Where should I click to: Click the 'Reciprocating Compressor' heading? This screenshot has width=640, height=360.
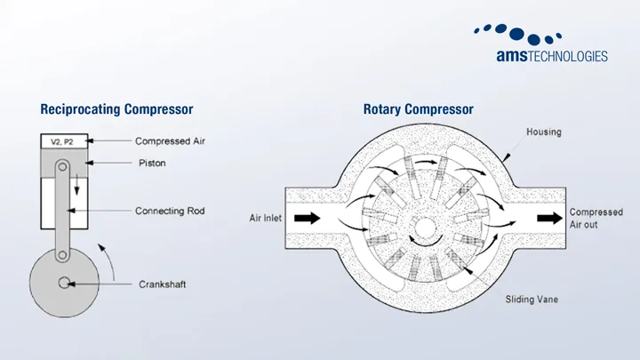116,109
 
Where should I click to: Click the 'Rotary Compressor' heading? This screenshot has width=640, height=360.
419,109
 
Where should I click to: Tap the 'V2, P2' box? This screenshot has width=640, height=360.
64,141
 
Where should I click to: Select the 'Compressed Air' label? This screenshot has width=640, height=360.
170,141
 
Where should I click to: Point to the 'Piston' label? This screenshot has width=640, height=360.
152,164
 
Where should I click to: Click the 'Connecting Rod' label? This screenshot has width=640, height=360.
170,211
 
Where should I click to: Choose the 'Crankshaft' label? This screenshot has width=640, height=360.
162,284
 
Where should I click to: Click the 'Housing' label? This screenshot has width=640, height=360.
544,132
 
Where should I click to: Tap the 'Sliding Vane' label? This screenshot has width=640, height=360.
532,300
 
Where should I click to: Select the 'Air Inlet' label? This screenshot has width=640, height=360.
265,218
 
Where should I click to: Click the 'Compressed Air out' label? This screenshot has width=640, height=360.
596,219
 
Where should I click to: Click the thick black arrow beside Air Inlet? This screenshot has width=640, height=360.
308,218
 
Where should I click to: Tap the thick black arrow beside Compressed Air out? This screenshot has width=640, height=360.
549,218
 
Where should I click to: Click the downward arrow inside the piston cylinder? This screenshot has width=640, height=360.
76,185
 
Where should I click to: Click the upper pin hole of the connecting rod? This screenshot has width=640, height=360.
62,166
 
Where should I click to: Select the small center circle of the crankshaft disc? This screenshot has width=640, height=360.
64,283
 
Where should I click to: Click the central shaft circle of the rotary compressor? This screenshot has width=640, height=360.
425,227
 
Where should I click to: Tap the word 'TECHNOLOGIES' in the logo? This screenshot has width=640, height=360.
568,56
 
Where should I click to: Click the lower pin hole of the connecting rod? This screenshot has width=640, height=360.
62,255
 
